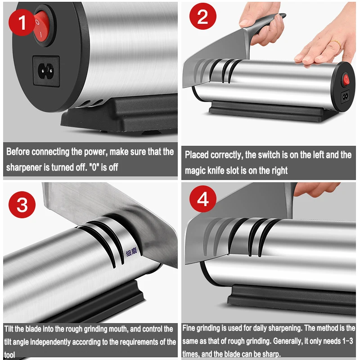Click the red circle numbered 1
(22, 22)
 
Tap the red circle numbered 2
(203, 16)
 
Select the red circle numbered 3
(22, 205)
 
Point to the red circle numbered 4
(203, 199)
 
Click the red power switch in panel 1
(42, 26)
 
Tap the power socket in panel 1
(46, 71)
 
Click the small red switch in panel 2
(346, 80)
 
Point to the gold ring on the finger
(336, 43)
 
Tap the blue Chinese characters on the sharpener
(131, 252)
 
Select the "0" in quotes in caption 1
(94, 167)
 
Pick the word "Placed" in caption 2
(197, 155)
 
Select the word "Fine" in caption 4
(189, 328)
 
